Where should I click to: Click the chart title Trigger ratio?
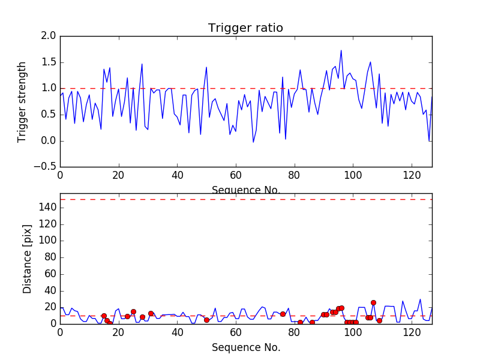[245, 28]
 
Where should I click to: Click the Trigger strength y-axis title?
[22, 101]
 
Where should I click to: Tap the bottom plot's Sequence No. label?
[246, 347]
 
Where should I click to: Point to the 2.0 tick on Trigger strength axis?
[49, 36]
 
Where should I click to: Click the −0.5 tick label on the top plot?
[46, 167]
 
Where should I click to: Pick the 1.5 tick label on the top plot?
[49, 62]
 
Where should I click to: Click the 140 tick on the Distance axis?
[47, 208]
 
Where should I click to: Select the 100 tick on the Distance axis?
[47, 241]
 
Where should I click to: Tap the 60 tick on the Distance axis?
[50, 274]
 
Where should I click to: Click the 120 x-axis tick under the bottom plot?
[412, 332]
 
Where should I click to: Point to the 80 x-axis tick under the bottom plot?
[295, 332]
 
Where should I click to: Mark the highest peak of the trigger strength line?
[341, 50]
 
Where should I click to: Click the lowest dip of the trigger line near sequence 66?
[253, 142]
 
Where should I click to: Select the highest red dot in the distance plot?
[373, 303]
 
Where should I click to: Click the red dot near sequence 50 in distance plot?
[206, 320]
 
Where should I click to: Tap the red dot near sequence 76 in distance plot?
[283, 314]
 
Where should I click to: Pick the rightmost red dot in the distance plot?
[379, 320]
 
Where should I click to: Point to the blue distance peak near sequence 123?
[420, 299]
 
